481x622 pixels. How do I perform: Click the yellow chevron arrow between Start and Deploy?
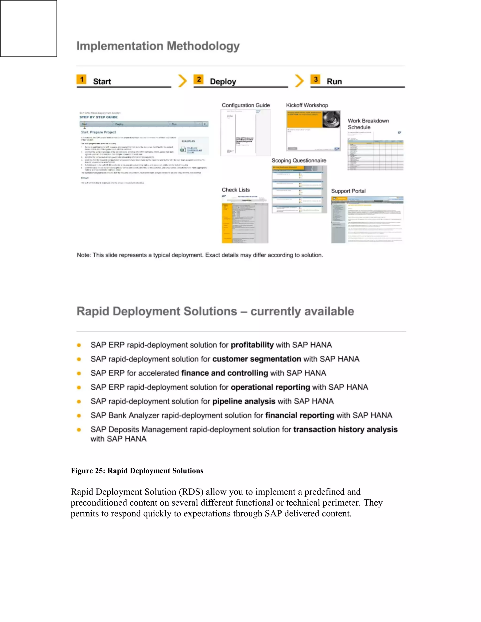(x=182, y=81)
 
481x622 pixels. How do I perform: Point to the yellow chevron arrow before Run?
(x=299, y=81)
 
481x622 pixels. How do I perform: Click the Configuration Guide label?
(x=246, y=105)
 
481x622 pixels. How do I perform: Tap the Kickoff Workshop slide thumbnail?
(x=313, y=131)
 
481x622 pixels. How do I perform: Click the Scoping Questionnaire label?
(x=299, y=161)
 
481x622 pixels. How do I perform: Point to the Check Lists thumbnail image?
(x=245, y=219)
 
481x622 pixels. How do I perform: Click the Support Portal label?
(x=348, y=191)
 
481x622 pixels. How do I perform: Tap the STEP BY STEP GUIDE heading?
(x=98, y=117)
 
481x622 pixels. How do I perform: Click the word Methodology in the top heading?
(x=203, y=46)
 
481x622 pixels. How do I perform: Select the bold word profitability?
(x=252, y=345)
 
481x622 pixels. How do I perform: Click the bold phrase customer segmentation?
(x=256, y=359)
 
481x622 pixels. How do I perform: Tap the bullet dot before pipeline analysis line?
(x=79, y=402)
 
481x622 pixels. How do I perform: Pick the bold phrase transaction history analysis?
(x=345, y=429)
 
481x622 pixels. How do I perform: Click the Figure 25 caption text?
(x=137, y=471)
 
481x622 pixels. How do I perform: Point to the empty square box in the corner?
(x=28, y=28)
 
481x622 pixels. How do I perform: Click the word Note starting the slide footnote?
(x=83, y=255)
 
